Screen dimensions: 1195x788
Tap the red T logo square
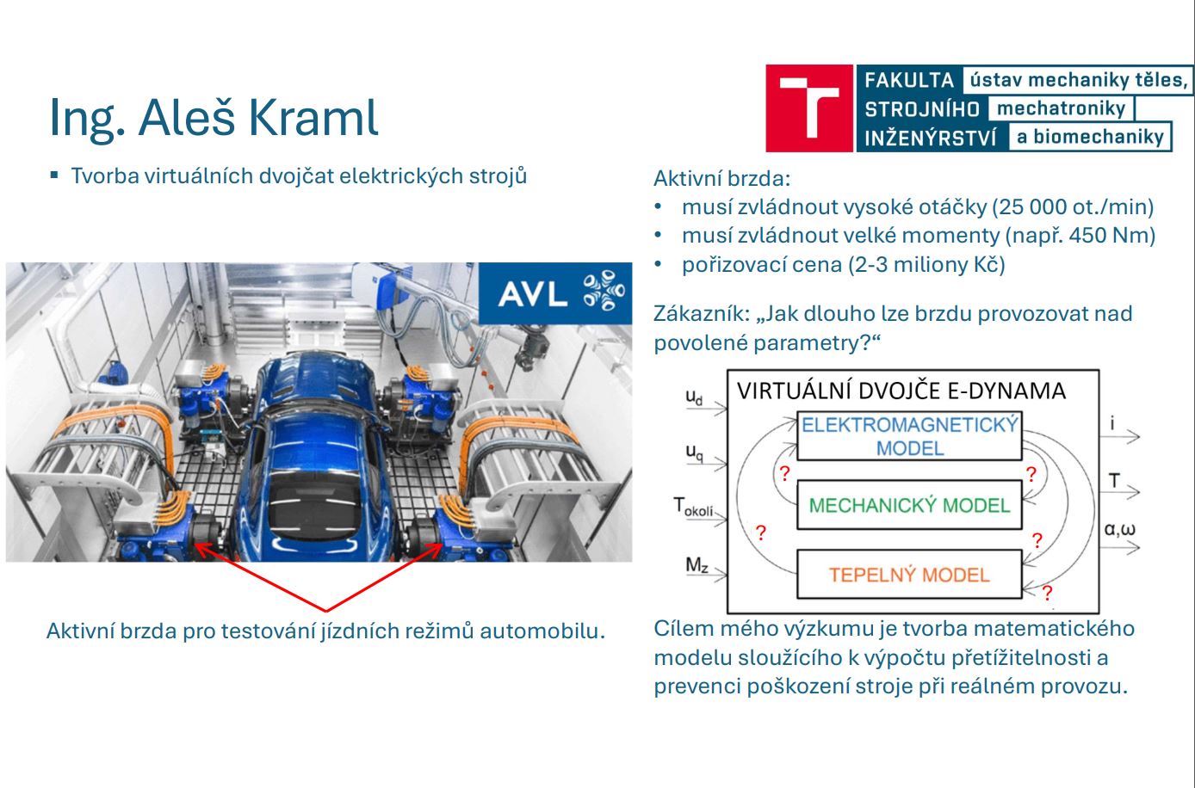(x=808, y=108)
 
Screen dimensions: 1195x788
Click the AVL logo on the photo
(x=555, y=292)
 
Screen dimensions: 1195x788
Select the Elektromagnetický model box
(x=909, y=435)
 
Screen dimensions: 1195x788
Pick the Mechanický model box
(x=909, y=505)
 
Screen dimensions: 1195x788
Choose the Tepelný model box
(x=909, y=574)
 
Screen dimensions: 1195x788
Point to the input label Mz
(x=697, y=564)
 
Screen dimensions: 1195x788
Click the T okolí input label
(x=693, y=507)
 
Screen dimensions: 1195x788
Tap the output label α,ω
(x=1119, y=529)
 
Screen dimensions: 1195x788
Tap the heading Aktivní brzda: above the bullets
(x=721, y=179)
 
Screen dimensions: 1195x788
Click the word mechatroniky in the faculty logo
(x=1061, y=108)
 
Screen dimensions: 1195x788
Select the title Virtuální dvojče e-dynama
(x=901, y=391)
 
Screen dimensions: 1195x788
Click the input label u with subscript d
(x=694, y=397)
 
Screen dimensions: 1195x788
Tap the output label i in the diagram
(x=1112, y=423)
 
